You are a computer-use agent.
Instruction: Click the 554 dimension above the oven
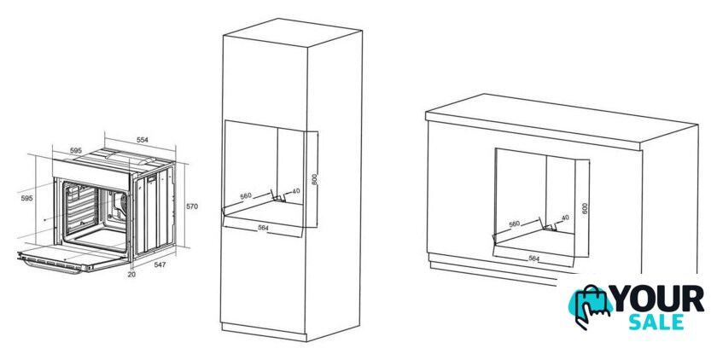(143, 140)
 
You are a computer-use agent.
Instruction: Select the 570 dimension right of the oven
(192, 206)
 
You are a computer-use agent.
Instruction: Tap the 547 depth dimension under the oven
(160, 264)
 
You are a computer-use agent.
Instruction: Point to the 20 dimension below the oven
(131, 275)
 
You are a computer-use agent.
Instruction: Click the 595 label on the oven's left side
(27, 198)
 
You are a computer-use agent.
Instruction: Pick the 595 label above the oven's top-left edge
(76, 150)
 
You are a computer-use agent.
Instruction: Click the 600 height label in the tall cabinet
(315, 178)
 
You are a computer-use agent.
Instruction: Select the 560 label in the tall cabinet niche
(246, 196)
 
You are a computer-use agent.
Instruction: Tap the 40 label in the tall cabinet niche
(296, 191)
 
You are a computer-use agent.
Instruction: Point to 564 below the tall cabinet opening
(263, 228)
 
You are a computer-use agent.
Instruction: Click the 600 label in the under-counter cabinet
(585, 208)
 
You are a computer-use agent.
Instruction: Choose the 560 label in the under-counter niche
(515, 224)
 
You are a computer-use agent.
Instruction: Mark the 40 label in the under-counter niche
(565, 218)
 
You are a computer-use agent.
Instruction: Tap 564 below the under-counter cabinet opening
(534, 258)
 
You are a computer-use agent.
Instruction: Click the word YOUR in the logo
(658, 299)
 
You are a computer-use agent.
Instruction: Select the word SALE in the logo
(656, 322)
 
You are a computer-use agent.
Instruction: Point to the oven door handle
(50, 265)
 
